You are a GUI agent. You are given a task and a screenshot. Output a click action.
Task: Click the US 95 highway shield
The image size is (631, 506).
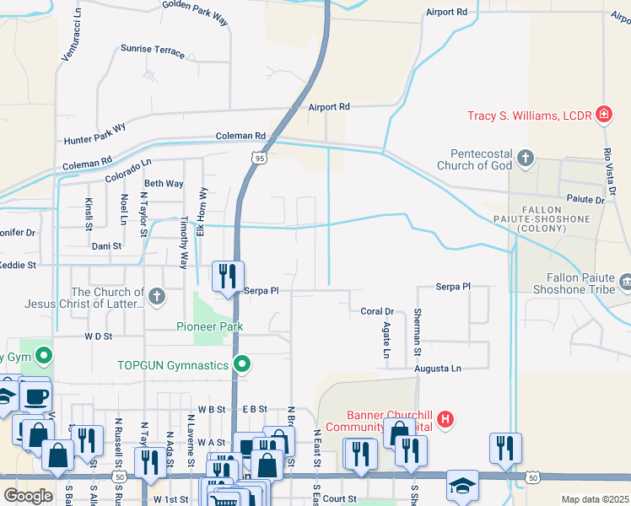click(x=259, y=158)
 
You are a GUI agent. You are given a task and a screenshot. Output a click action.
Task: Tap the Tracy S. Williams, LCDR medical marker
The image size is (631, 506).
click(x=604, y=114)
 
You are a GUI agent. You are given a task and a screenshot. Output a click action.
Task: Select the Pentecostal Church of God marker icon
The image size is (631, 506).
click(x=525, y=158)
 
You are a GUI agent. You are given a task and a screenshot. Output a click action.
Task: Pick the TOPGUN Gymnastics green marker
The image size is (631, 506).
click(x=242, y=365)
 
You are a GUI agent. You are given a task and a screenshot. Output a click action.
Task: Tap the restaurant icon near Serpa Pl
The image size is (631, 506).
click(x=227, y=276)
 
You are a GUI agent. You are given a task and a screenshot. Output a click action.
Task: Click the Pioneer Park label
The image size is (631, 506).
click(x=210, y=326)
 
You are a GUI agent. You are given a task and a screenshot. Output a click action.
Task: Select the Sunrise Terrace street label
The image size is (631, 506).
click(x=153, y=51)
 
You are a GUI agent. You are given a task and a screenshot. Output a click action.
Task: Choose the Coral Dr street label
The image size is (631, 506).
click(x=377, y=311)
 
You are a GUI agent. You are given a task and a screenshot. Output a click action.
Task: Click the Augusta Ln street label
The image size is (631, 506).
click(x=437, y=369)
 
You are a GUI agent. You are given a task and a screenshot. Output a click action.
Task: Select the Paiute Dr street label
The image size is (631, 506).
click(x=587, y=201)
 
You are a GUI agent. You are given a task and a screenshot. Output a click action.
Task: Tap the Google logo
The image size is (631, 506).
click(x=28, y=495)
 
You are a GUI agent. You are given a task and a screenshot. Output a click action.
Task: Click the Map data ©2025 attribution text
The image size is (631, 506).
click(x=595, y=499)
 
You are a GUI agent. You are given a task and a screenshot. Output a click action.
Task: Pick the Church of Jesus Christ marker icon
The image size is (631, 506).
click(x=156, y=296)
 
